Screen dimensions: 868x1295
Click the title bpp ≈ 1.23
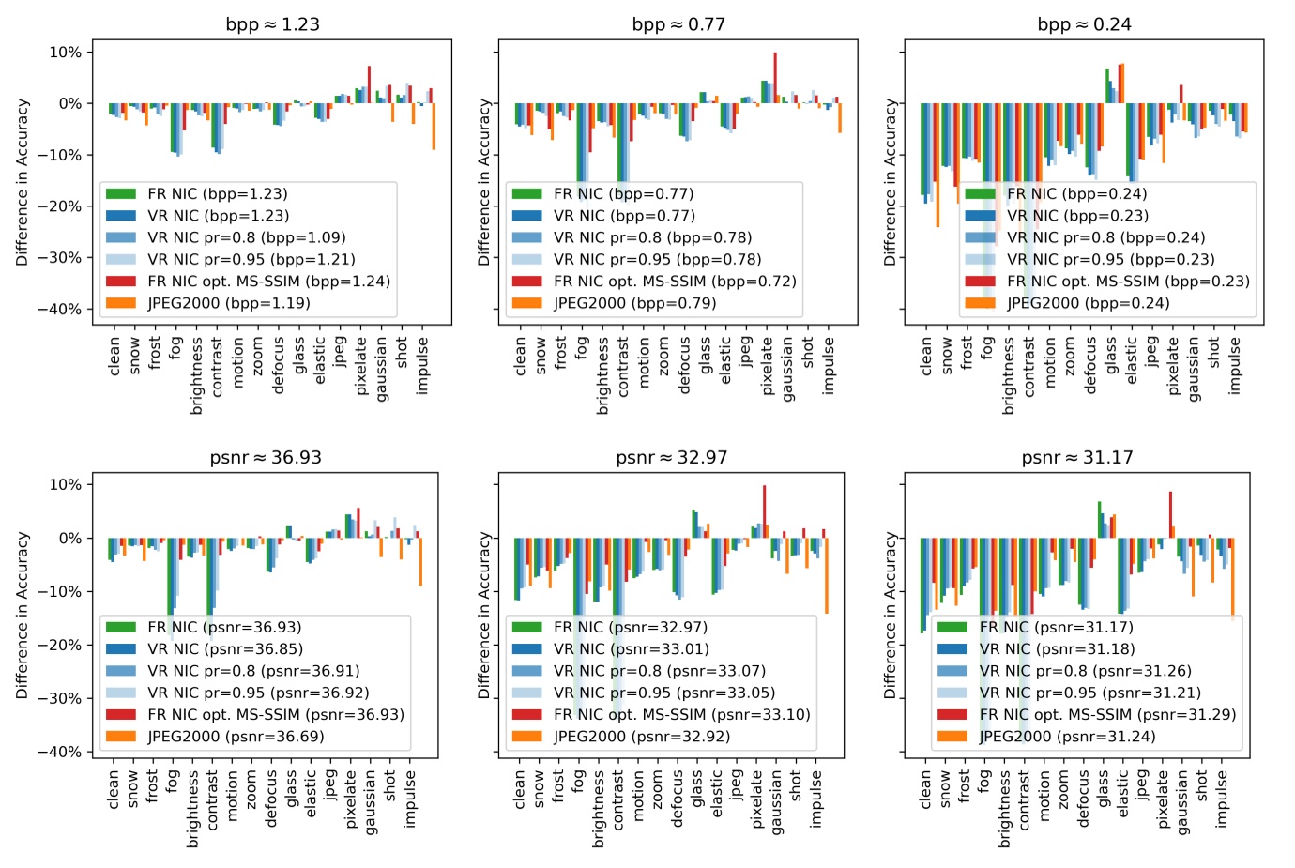pos(272,24)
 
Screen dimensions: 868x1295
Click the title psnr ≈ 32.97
pos(671,458)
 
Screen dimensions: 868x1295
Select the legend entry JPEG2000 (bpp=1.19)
pos(228,303)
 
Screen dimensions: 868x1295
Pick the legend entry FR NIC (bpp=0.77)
pos(623,194)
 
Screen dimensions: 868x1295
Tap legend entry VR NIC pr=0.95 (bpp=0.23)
pos(1110,260)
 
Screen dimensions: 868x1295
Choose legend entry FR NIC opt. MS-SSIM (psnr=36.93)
pos(275,715)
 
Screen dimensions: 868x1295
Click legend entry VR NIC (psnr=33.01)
pos(631,649)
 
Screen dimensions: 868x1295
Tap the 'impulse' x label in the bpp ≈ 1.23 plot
pos(422,366)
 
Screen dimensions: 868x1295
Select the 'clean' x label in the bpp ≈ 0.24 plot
pos(926,357)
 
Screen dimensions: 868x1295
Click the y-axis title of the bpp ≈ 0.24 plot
pos(890,182)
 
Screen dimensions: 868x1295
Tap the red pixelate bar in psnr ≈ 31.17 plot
pos(1170,514)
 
